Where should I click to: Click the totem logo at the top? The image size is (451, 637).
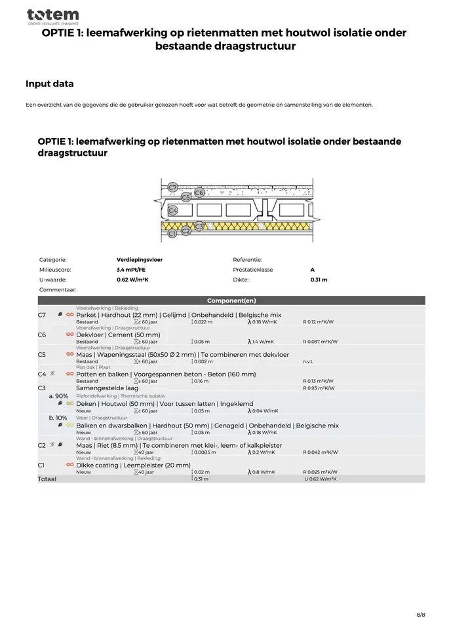(52, 16)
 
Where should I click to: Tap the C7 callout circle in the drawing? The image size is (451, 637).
(172, 188)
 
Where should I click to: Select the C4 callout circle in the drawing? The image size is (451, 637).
(172, 210)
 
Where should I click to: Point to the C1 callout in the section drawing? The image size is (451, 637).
(172, 233)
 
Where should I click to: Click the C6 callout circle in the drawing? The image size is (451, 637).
(199, 192)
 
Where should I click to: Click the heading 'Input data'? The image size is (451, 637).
(49, 84)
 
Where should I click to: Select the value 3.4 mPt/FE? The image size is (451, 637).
(131, 269)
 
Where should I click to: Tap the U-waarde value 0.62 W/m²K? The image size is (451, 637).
(132, 280)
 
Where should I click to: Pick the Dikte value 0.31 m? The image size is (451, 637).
(319, 280)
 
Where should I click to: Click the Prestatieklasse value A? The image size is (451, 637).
(312, 269)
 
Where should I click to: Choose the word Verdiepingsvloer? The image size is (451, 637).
(140, 259)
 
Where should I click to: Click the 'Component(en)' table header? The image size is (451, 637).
(231, 300)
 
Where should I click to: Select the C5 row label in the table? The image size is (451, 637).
(41, 354)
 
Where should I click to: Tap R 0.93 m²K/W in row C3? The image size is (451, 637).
(319, 388)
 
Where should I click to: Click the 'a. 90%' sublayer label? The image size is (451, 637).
(58, 396)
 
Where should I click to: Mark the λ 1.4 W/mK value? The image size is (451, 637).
(262, 341)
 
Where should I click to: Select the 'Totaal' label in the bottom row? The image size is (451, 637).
(47, 479)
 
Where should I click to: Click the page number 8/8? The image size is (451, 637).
(421, 615)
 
